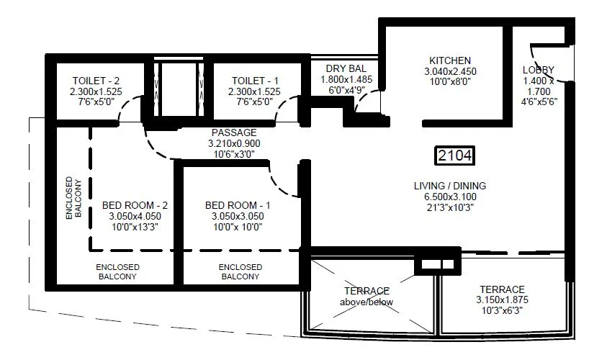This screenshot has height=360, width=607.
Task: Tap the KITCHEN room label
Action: (450, 60)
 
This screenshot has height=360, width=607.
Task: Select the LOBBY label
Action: (539, 70)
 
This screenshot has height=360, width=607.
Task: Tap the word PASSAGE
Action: (234, 133)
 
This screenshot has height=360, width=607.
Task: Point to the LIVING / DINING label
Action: (450, 186)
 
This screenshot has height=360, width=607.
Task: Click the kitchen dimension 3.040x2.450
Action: (450, 71)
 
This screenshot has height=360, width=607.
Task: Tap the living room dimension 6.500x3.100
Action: (450, 197)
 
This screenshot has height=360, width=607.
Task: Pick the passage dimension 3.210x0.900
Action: (234, 143)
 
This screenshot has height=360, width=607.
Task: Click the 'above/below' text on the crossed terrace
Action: (367, 302)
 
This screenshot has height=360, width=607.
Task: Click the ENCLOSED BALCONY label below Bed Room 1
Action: (240, 271)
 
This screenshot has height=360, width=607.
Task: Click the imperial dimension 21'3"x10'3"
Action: (450, 207)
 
